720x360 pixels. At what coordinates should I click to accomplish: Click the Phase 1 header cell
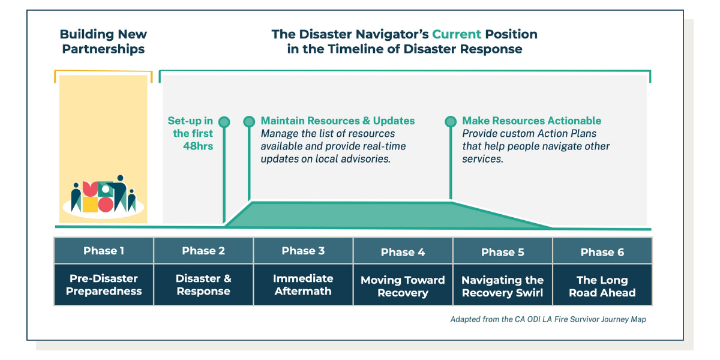click(104, 251)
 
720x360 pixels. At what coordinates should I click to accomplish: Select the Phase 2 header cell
click(203, 251)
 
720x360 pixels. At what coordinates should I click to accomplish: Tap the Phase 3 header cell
click(303, 251)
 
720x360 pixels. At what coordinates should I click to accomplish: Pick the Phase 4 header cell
click(403, 251)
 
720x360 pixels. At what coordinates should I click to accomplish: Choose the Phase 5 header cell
click(502, 251)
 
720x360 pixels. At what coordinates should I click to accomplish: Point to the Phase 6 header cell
click(602, 251)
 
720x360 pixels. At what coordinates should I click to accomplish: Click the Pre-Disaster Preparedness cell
click(104, 285)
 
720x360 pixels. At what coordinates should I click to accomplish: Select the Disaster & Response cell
click(203, 285)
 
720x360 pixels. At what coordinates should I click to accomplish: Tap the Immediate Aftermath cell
click(303, 285)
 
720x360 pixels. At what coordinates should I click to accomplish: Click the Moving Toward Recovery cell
click(403, 286)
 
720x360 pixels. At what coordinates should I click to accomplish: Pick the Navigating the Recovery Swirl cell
click(502, 286)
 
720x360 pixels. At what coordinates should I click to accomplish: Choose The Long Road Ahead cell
click(602, 286)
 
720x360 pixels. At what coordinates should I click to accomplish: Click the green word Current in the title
click(458, 34)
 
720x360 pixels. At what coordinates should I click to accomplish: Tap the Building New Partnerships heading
click(103, 41)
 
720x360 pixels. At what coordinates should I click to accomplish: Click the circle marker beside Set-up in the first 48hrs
click(224, 122)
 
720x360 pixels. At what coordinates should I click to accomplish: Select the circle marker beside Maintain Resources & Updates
click(249, 122)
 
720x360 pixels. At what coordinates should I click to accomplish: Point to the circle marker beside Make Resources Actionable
click(451, 122)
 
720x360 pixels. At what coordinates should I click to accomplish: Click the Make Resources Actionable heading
click(532, 121)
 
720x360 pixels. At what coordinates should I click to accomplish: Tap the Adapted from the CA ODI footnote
click(548, 320)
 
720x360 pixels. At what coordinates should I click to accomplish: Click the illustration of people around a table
click(104, 195)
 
